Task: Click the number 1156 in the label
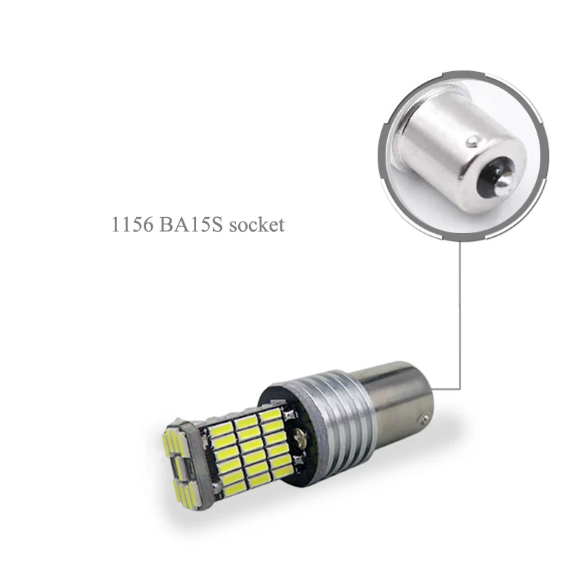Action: click(x=132, y=224)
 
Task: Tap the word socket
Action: click(x=257, y=225)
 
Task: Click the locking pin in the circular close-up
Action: click(x=473, y=141)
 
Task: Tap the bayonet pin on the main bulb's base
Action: click(x=425, y=420)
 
